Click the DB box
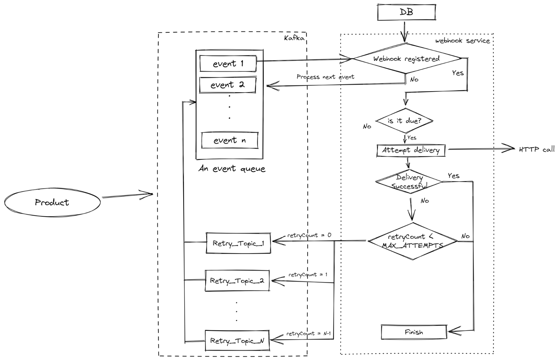406,12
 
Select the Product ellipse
52,202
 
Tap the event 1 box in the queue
228,64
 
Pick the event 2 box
227,85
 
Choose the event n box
230,140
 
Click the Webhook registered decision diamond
406,59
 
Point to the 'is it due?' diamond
404,121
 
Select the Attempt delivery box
411,150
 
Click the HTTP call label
536,149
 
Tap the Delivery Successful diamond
409,182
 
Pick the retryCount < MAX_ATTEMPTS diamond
412,241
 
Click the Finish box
414,332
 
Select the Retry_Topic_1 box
238,243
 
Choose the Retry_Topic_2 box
237,281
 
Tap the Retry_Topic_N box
237,341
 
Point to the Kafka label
294,38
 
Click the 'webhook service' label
463,41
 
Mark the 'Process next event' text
325,77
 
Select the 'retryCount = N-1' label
308,334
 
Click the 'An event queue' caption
232,169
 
